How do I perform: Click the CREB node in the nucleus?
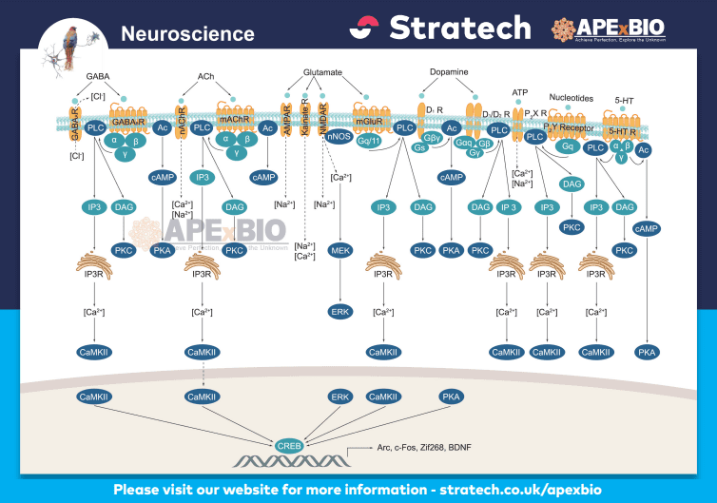(289, 445)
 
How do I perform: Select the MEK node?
(340, 249)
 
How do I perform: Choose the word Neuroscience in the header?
(187, 34)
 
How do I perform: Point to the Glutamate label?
(322, 71)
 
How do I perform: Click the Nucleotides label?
(571, 97)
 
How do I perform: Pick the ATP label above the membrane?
(519, 92)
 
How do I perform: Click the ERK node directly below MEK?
(340, 311)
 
